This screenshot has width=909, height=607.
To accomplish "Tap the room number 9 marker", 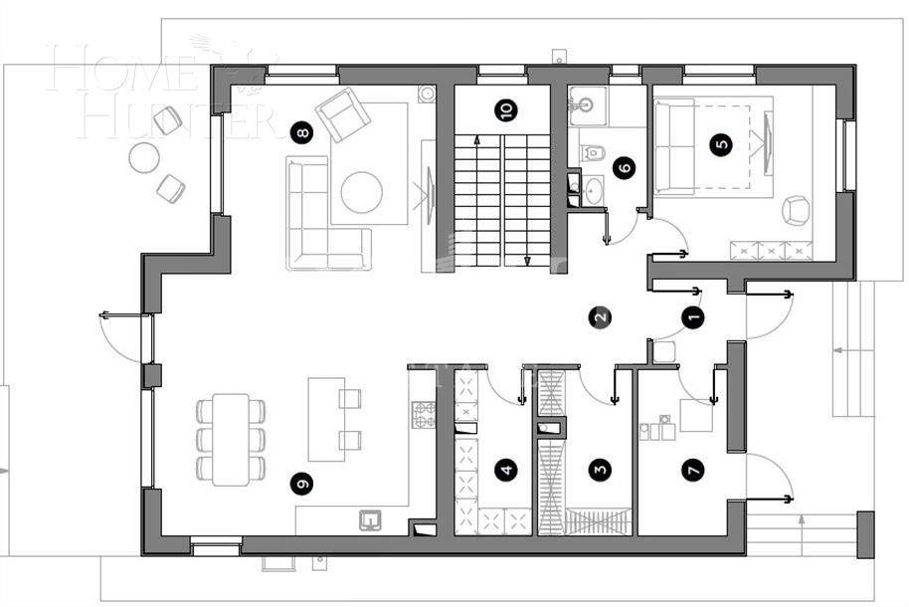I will point(301,484).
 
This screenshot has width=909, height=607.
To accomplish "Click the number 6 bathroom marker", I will point(624,167).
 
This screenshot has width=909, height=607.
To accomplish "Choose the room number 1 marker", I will point(693,317).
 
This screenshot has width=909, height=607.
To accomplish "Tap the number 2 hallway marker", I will point(599,317).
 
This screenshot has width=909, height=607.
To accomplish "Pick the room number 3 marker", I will point(599,470).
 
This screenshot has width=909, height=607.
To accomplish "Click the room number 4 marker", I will point(507,470).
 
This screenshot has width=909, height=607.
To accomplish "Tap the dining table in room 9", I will point(231,439).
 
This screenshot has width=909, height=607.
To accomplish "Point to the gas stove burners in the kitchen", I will point(424,414).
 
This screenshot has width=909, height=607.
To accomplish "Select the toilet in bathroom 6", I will point(594,153).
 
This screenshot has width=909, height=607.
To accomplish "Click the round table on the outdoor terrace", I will point(145,157).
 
